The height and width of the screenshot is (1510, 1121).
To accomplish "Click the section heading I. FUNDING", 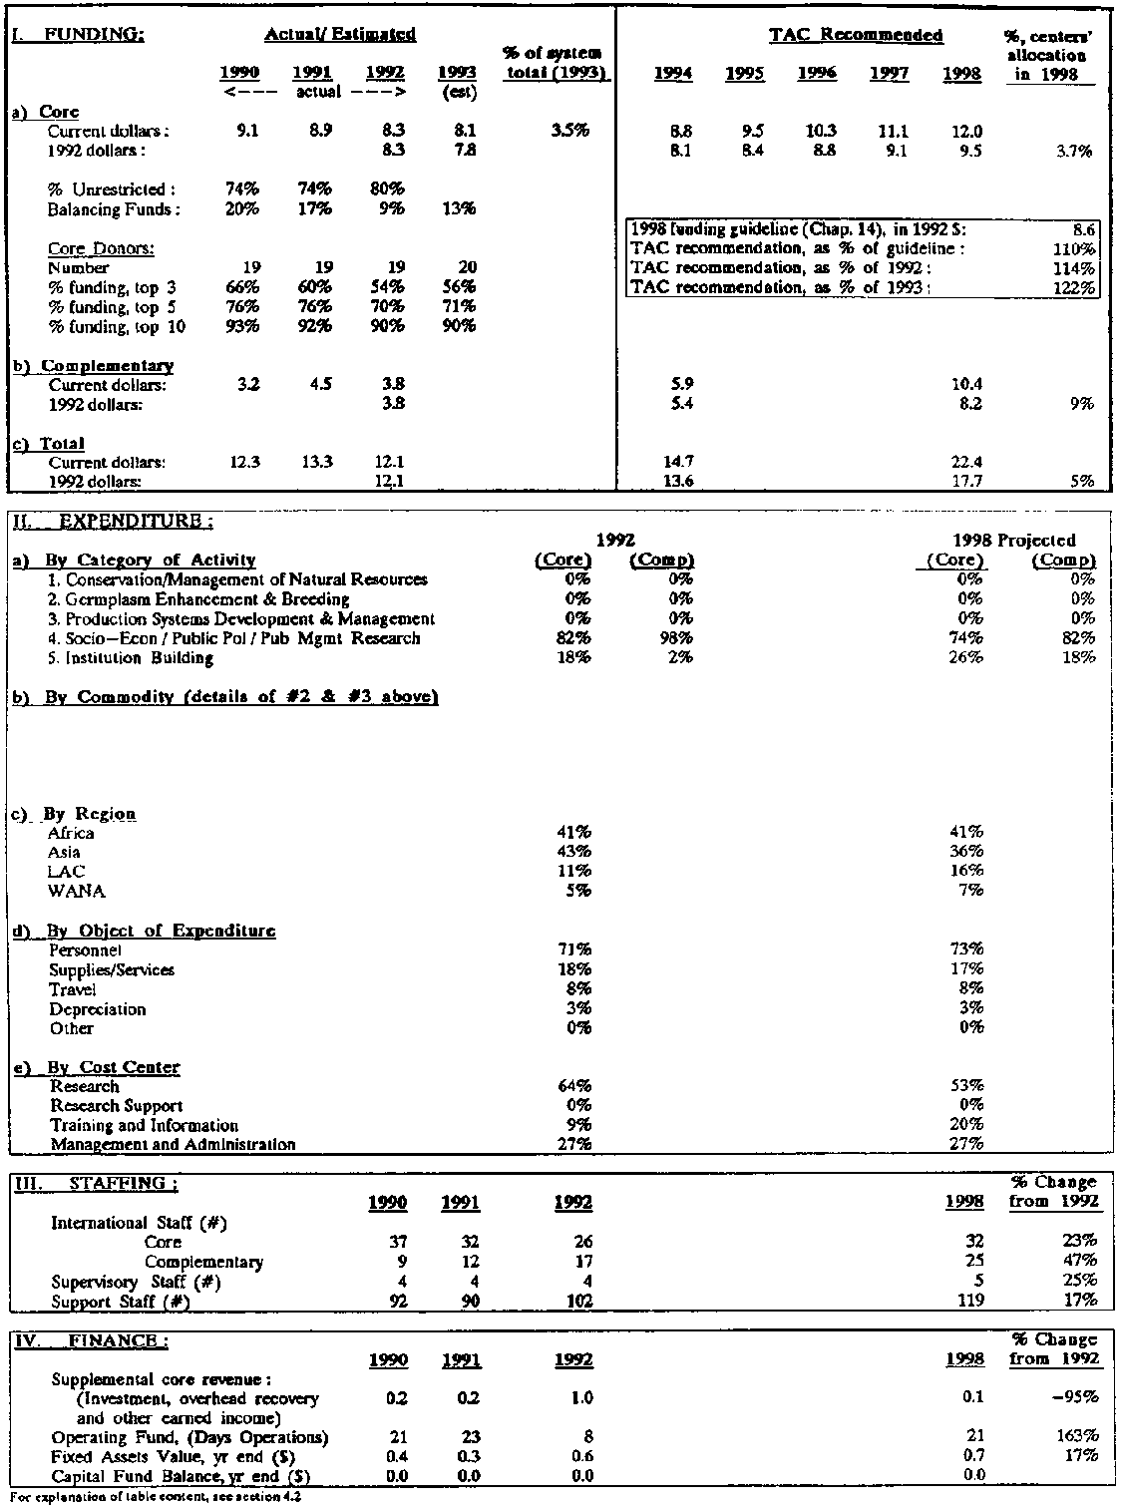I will point(78,34).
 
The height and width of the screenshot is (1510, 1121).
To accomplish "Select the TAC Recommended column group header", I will point(856,35).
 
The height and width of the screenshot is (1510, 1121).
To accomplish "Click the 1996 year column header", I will point(817,74).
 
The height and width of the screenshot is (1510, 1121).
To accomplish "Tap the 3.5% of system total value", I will point(568,132).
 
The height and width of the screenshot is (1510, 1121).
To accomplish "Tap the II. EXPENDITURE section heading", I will point(113,521).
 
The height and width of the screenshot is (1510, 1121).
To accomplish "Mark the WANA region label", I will point(76,891).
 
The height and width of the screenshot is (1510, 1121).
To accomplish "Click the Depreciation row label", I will point(98,1009).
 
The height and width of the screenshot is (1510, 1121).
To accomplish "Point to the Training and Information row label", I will point(145,1125).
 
